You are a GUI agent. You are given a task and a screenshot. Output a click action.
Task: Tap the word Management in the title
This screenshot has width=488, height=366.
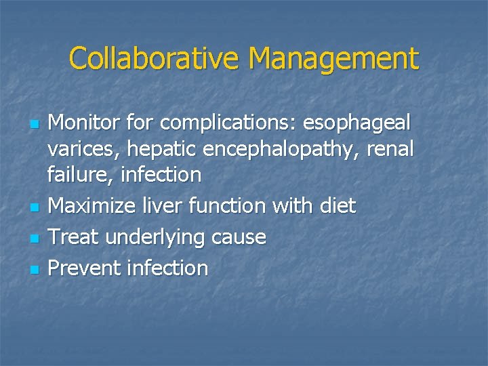(x=333, y=60)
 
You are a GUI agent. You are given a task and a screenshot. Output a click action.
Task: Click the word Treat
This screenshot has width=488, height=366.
(x=70, y=237)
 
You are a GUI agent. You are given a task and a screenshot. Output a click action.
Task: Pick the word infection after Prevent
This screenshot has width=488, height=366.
(x=167, y=268)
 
